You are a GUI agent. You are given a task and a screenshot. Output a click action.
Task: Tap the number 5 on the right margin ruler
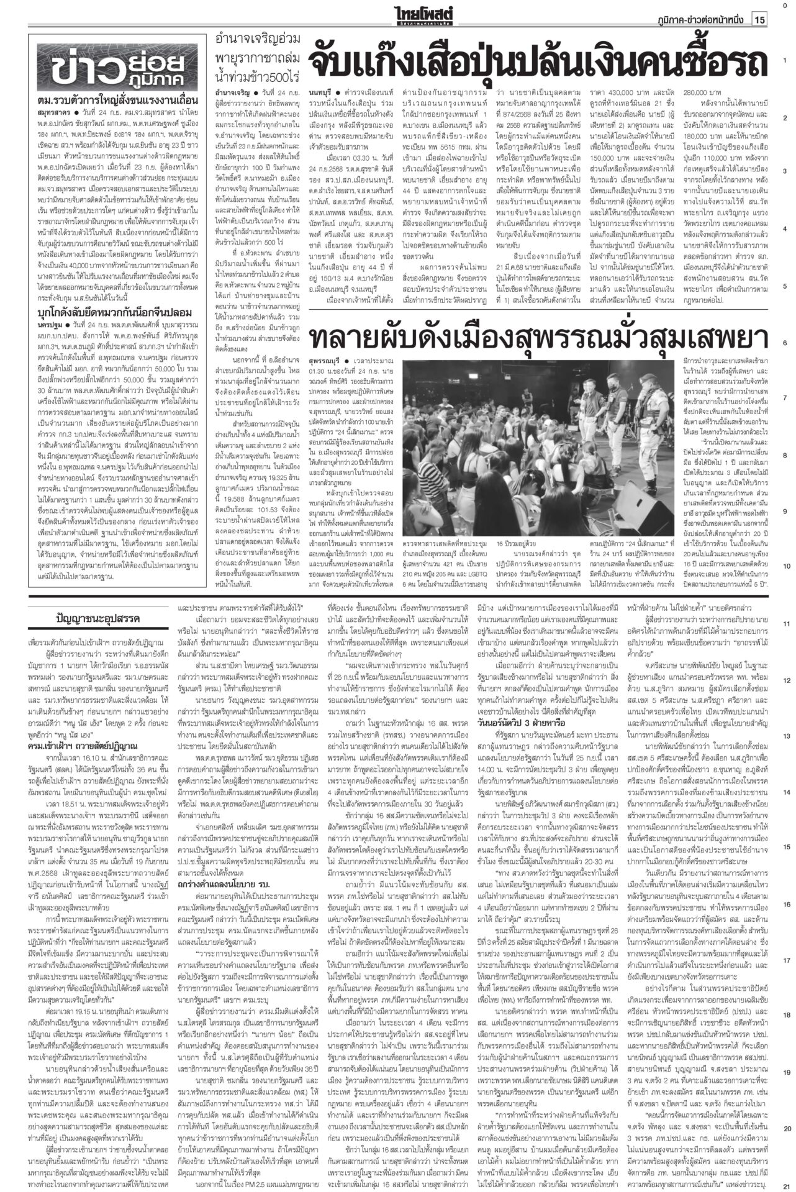click(785, 285)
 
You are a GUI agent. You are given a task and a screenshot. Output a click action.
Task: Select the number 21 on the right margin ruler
click(785, 1184)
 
